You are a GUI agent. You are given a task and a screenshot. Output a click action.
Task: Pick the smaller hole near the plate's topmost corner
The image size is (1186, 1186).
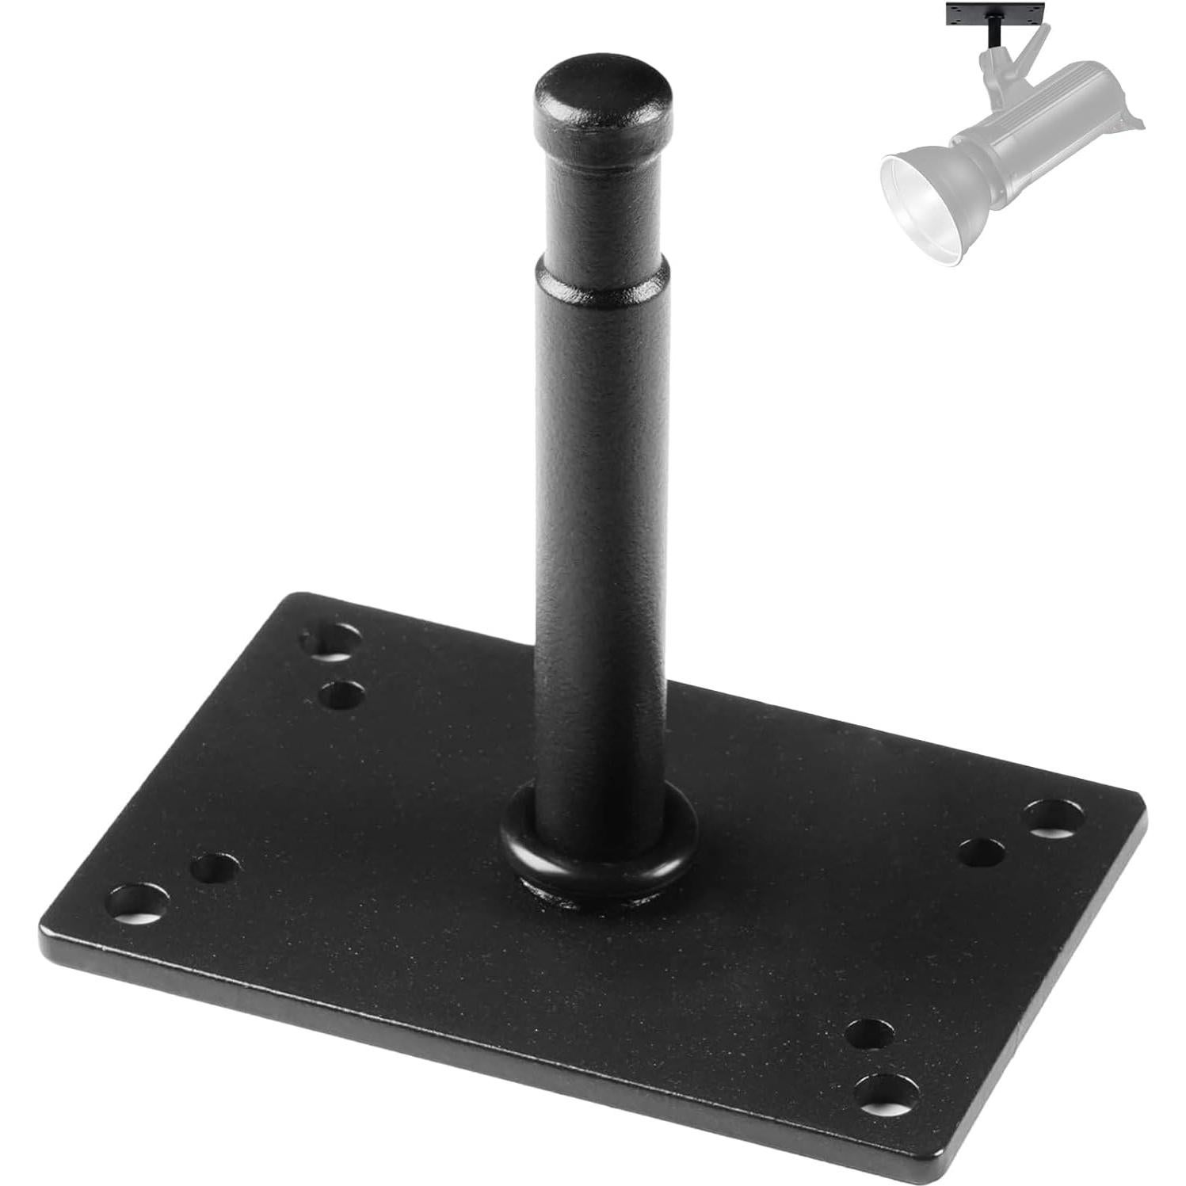click(342, 695)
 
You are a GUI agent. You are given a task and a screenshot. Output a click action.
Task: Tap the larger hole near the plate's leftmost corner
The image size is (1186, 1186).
click(139, 903)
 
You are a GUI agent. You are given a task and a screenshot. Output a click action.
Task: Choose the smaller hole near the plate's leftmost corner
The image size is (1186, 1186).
click(215, 868)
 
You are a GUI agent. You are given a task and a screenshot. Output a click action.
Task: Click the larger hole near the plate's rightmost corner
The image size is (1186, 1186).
click(1054, 818)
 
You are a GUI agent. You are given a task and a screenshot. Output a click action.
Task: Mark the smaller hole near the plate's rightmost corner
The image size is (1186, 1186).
click(982, 852)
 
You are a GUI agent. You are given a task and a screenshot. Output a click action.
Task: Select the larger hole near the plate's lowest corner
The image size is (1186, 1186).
click(887, 1093)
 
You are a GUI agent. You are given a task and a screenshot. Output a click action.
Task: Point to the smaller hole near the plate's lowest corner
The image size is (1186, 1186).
click(869, 1034)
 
